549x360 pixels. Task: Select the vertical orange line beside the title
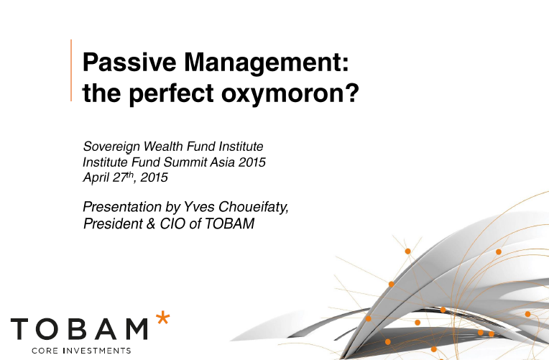click(x=71, y=70)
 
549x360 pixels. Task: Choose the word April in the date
click(x=96, y=178)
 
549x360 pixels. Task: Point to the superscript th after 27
click(x=130, y=175)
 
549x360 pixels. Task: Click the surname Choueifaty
click(x=254, y=208)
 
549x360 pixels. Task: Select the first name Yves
click(x=199, y=207)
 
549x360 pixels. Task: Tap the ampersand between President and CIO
click(x=151, y=223)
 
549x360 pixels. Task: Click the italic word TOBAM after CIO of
click(x=229, y=223)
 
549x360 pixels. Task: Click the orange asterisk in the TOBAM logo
click(x=163, y=318)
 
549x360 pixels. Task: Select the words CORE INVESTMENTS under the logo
click(x=81, y=351)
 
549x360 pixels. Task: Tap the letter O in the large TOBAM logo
click(x=50, y=329)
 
